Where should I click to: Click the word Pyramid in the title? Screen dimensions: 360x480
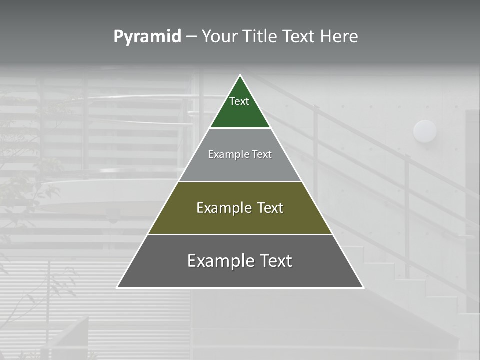pyautogui.click(x=147, y=37)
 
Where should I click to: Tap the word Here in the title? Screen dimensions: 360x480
pyautogui.click(x=339, y=37)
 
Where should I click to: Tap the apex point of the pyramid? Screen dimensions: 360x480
pyautogui.click(x=240, y=75)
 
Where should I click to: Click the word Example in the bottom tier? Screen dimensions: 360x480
pyautogui.click(x=220, y=261)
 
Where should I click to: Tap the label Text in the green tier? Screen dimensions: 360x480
pyautogui.click(x=239, y=101)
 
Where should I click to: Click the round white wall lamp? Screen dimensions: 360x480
pyautogui.click(x=425, y=131)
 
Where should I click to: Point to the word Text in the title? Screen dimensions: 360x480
pyautogui.click(x=298, y=37)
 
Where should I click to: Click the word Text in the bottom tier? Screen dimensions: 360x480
pyautogui.click(x=275, y=261)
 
